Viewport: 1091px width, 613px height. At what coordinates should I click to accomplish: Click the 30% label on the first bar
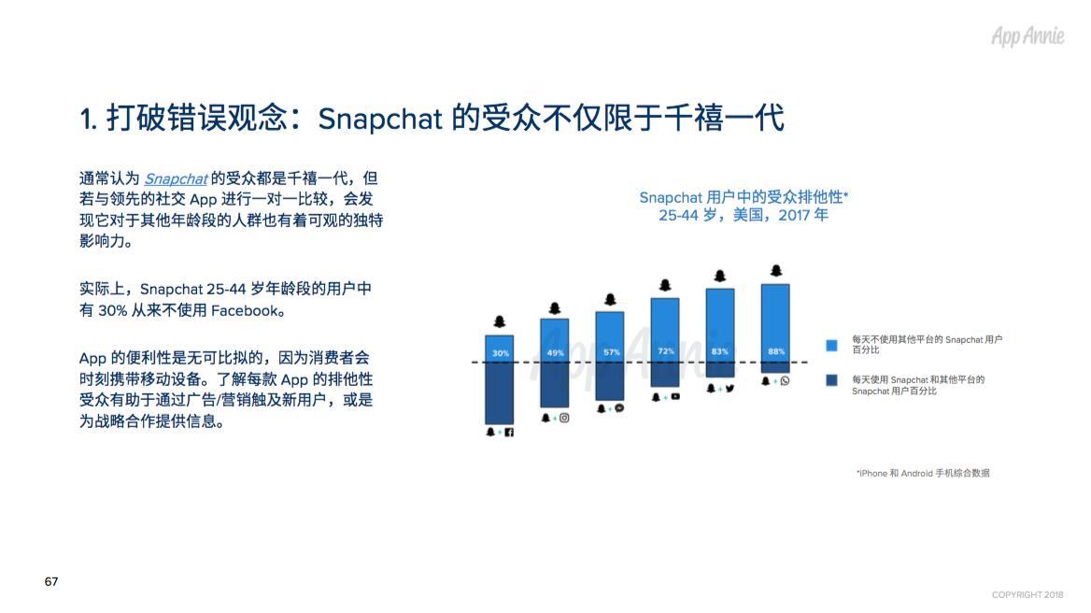coord(501,353)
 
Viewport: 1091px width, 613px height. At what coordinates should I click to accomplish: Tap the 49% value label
coord(555,353)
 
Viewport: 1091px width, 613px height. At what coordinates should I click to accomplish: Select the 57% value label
coord(611,352)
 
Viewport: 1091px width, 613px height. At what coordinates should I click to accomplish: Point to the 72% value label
coord(666,351)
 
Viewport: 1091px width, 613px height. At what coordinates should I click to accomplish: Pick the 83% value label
coord(719,351)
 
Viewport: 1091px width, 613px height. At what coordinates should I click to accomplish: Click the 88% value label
coord(776,351)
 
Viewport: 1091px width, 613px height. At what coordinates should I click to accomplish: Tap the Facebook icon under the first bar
coord(509,433)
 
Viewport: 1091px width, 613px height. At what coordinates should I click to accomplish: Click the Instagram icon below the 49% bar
coord(564,419)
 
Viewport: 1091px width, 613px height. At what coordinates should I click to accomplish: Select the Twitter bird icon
coord(730,388)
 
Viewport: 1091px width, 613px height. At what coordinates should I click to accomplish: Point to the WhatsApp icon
coord(785,380)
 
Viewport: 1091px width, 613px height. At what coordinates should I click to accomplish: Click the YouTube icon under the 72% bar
coord(675,396)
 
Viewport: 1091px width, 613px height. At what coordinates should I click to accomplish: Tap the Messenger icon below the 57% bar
coord(619,407)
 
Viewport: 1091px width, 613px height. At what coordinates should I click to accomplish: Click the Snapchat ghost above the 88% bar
coord(776,271)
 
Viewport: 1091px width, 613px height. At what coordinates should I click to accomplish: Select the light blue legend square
coord(831,345)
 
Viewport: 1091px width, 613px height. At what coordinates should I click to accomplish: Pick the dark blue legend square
coord(831,380)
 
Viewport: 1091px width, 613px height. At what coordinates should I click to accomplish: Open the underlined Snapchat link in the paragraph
coord(176,178)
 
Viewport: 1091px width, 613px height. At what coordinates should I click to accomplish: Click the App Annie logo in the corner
coord(1027,36)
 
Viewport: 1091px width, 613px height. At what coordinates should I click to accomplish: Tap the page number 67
coord(51,581)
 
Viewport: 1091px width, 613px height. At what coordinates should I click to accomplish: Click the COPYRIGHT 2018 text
coord(1027,595)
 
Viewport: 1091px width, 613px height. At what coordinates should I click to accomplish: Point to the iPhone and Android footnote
coord(923,473)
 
